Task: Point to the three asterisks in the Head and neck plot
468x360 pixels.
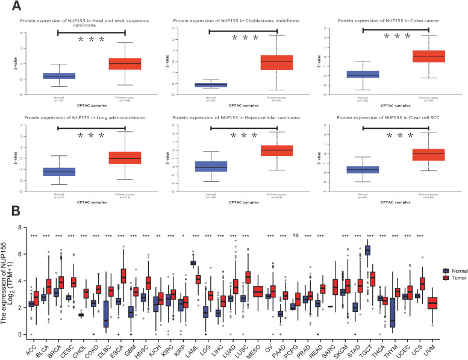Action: [x=92, y=41]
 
